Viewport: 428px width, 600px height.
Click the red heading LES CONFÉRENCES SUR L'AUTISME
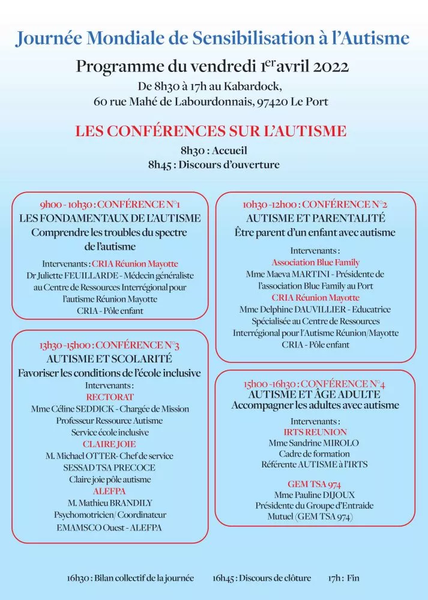click(x=211, y=131)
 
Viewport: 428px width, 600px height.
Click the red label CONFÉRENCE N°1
click(x=142, y=203)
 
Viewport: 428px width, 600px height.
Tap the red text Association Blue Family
click(x=315, y=262)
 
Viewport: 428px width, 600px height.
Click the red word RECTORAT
click(x=109, y=397)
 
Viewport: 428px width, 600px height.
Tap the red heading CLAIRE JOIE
click(x=109, y=444)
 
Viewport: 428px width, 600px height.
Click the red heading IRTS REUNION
click(x=315, y=431)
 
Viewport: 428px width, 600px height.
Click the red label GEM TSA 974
click(x=315, y=484)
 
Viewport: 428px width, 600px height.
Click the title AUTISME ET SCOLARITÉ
click(x=109, y=359)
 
